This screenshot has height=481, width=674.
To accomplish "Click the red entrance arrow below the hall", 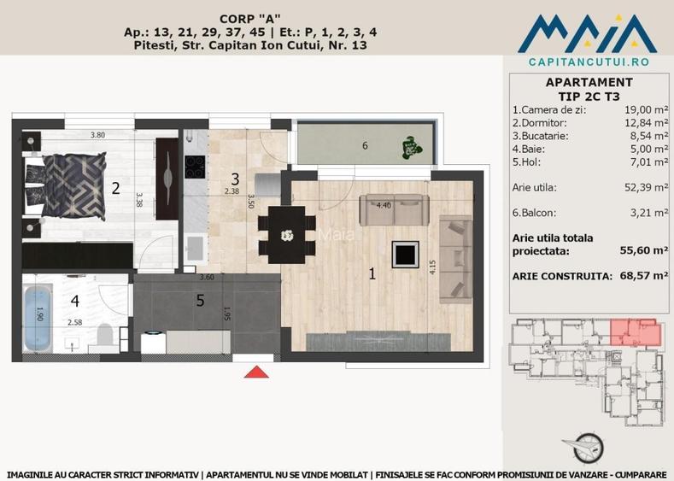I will [255, 372].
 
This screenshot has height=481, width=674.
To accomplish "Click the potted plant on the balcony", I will [412, 148].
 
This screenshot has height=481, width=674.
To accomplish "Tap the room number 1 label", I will [372, 274].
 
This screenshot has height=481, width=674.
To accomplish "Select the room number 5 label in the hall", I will [200, 300].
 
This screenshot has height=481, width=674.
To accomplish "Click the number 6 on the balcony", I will [365, 146].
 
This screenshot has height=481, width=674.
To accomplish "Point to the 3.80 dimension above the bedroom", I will [98, 135].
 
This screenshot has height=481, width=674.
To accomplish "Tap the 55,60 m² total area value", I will [643, 250].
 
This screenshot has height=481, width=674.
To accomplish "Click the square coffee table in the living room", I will [404, 254].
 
